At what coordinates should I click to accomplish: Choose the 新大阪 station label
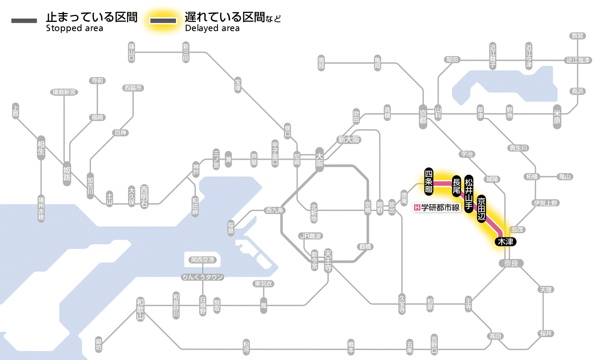[349, 140]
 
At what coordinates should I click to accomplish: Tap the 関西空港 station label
[203, 260]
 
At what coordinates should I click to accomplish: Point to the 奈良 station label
[511, 263]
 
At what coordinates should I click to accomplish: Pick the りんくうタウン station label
[203, 277]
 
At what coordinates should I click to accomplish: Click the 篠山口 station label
[132, 52]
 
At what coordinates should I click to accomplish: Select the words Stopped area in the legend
[75, 28]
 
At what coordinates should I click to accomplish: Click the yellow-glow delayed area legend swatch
[163, 21]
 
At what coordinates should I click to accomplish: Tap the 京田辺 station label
[481, 208]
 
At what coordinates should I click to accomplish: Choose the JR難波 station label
[311, 236]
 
